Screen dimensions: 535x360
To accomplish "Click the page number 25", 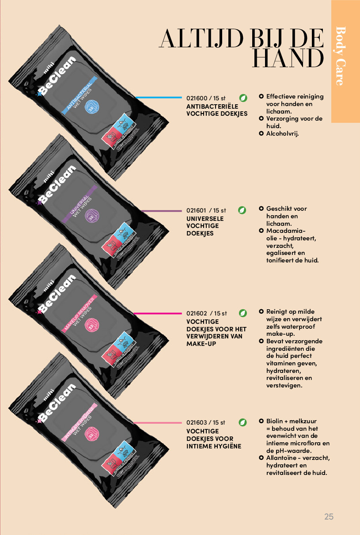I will [329, 516].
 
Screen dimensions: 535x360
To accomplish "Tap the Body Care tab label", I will [340, 56].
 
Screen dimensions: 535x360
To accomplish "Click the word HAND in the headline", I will [288, 58].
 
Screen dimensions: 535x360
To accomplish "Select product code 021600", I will [197, 99].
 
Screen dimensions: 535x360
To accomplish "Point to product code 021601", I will [197, 210].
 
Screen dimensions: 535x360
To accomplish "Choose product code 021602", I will [197, 314].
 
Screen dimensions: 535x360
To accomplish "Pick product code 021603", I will [197, 423].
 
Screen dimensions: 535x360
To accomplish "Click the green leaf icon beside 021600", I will [243, 98].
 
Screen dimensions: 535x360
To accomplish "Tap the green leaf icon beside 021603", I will [243, 422].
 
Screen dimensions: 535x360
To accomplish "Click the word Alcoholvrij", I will [283, 133].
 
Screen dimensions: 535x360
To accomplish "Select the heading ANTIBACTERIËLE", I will [212, 106].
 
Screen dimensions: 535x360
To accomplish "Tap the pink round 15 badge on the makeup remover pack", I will [91, 326].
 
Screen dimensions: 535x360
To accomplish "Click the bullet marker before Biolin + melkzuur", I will [261, 421].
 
